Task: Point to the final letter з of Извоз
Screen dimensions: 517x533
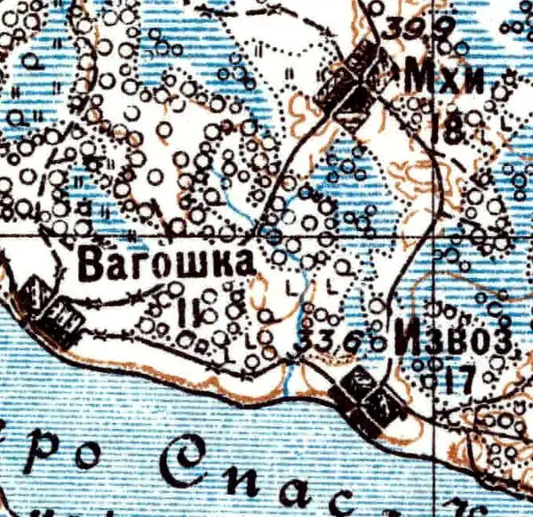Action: [503, 342]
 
